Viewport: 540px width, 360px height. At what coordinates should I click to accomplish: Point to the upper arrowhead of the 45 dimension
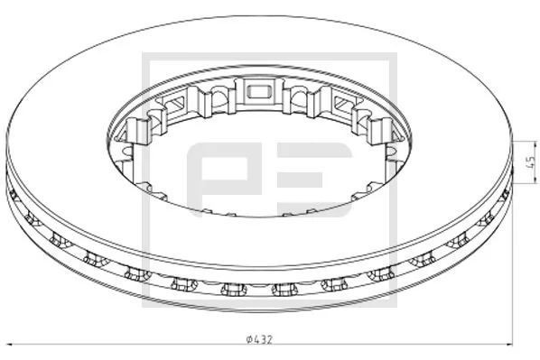(511, 144)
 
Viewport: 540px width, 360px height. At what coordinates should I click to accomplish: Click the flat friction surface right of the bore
(452, 153)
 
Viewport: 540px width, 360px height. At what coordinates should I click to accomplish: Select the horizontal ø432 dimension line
(135, 344)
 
